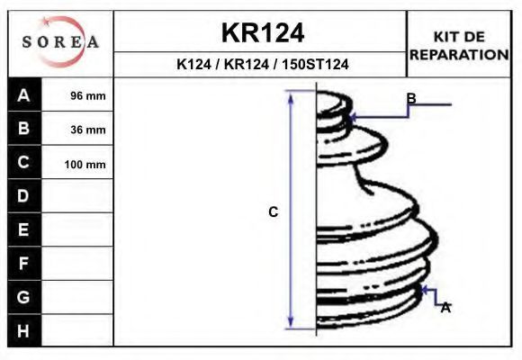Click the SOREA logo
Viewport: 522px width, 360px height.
pyautogui.click(x=60, y=42)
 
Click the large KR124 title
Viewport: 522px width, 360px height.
pyautogui.click(x=263, y=33)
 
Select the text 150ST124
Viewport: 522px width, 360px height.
pyautogui.click(x=315, y=64)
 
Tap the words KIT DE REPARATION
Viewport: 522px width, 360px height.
pyautogui.click(x=459, y=46)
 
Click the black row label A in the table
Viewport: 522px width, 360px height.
pyautogui.click(x=24, y=94)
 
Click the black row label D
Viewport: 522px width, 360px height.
pyautogui.click(x=24, y=196)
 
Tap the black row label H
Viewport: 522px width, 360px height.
pyautogui.click(x=24, y=330)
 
